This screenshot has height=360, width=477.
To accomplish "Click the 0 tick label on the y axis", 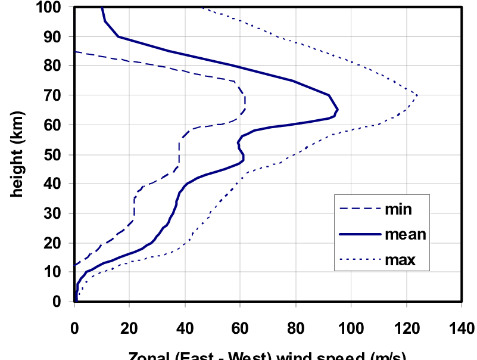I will [60, 302].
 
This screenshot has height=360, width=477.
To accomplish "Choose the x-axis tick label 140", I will [462, 328].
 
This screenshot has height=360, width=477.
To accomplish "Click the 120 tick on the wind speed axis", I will [406, 328].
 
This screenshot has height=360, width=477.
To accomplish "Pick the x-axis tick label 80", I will [295, 328].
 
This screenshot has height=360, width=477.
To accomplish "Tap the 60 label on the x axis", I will [240, 328].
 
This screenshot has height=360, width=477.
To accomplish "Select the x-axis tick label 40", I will [185, 328].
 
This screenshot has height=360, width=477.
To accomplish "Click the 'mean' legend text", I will [405, 234].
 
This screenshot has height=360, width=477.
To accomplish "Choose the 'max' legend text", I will [400, 260].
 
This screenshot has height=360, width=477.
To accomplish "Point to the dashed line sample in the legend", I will [359, 209].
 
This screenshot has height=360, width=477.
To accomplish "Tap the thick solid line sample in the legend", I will [359, 234].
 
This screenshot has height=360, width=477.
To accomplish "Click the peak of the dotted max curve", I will [417, 95].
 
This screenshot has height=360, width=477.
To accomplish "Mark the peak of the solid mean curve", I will [338, 110].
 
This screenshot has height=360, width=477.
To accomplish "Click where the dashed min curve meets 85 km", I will [76, 52].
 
